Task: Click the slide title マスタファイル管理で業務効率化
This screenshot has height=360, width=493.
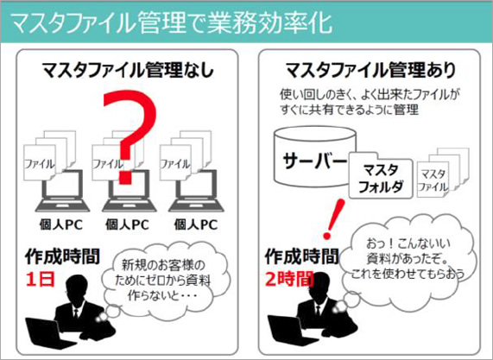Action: point(172,22)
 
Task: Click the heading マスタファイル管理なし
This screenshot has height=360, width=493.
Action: point(128,71)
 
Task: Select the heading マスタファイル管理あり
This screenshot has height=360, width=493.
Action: point(370,71)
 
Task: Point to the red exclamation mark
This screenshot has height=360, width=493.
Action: point(334,218)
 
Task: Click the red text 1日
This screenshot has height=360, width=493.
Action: point(41,280)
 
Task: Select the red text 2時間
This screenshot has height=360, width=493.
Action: point(289,279)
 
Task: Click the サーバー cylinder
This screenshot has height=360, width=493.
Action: point(315,156)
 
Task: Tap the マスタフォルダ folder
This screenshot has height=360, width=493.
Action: point(381,176)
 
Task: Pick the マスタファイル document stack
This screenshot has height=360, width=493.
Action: point(443,173)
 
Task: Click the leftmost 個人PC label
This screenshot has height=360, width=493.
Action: point(61,224)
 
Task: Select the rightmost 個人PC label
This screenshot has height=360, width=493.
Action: point(196,224)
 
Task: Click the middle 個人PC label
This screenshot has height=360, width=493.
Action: point(127,224)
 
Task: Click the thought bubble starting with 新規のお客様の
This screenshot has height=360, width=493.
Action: point(166,279)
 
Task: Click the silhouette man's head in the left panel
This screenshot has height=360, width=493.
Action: point(76,287)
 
